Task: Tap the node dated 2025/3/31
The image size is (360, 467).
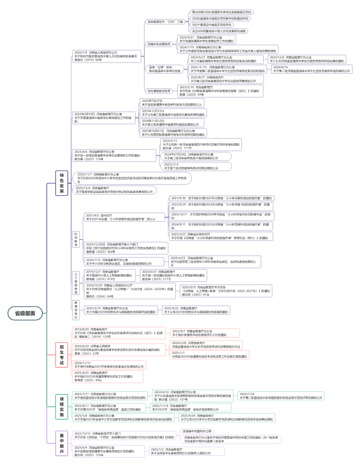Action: pyautogui.click(x=225, y=291)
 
